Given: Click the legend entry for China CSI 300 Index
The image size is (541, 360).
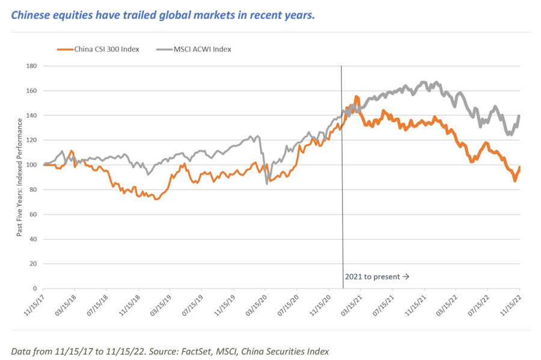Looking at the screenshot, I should pyautogui.click(x=106, y=49).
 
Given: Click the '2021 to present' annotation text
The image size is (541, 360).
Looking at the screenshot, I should pyautogui.click(x=377, y=276).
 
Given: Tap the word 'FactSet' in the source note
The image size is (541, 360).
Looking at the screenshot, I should pyautogui.click(x=185, y=350).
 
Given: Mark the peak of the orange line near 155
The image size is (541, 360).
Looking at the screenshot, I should pyautogui.click(x=356, y=96).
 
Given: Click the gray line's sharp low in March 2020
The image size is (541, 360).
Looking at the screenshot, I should pyautogui.click(x=267, y=183).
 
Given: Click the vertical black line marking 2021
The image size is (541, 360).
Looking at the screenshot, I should pyautogui.click(x=342, y=180).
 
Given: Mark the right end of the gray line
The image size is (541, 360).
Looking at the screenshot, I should pyautogui.click(x=519, y=116).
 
